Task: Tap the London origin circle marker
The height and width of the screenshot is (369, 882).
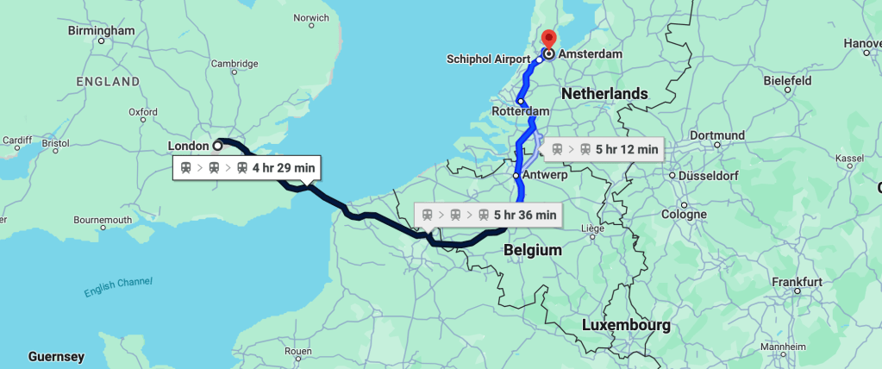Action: (217, 146)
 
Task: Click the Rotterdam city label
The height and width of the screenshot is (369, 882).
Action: (520, 112)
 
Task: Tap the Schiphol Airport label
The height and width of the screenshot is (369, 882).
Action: (488, 59)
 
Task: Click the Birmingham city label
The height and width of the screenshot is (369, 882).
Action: (102, 31)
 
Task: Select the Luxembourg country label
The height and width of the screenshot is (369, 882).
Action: (626, 326)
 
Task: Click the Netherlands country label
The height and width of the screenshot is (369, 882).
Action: (604, 93)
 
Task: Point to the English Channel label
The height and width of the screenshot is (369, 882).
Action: (118, 288)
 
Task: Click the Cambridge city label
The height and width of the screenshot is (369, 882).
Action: (235, 63)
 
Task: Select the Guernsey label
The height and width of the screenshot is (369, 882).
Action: (56, 356)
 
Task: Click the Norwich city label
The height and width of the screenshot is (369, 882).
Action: (311, 17)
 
